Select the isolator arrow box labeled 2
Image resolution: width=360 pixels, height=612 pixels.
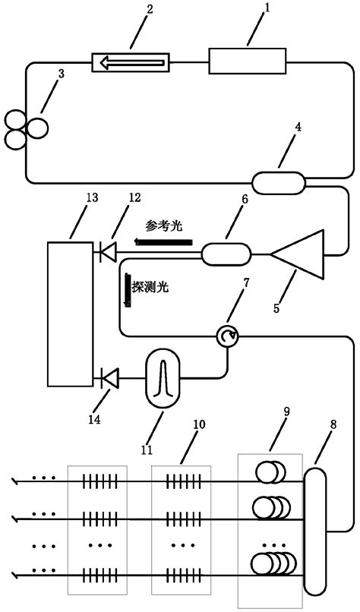[x=129, y=62]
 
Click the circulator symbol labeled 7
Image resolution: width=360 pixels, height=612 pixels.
[x=226, y=336]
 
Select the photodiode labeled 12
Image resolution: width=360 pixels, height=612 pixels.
[x=108, y=252]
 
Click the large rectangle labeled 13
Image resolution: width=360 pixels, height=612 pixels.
[x=68, y=313]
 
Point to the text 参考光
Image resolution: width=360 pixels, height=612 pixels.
[x=165, y=226]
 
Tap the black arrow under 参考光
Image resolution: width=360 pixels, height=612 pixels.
[x=164, y=241]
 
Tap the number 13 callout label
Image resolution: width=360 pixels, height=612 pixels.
[x=91, y=198]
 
